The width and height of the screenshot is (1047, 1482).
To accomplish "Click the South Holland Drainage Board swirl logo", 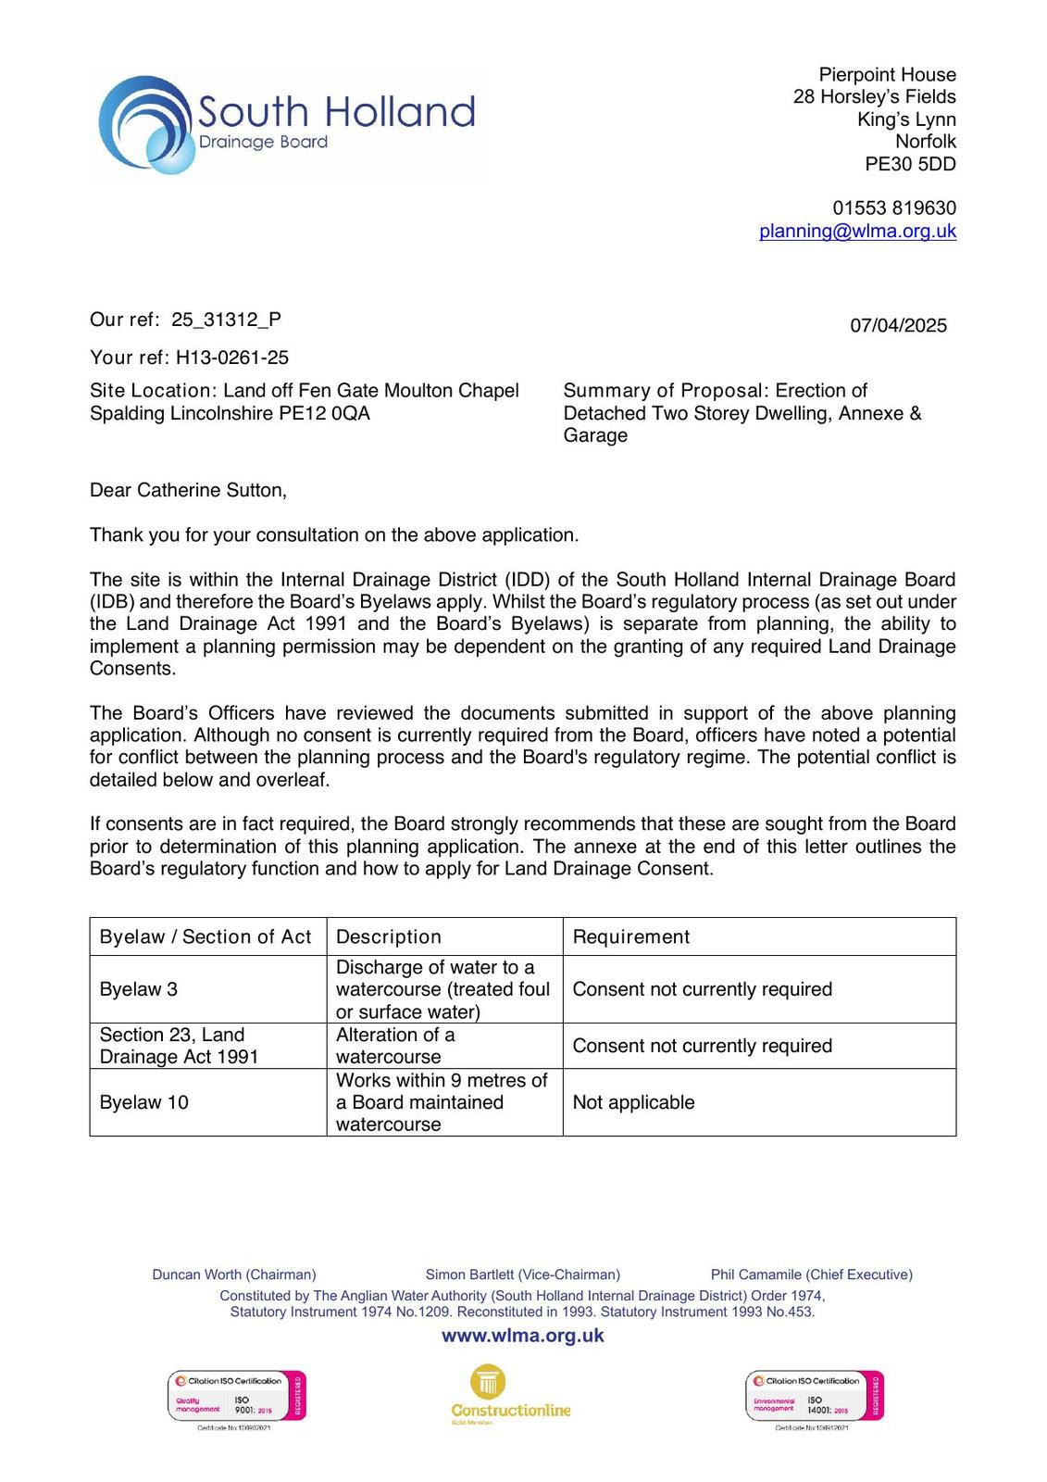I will [x=148, y=125].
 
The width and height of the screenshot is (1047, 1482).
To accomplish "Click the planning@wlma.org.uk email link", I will [x=857, y=232].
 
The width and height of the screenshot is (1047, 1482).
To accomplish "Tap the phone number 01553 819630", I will [x=894, y=208].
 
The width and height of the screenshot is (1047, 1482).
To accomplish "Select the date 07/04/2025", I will [x=898, y=326].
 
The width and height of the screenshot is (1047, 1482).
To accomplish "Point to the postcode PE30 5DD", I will [x=910, y=165].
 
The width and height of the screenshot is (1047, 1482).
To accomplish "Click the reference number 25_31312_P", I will [x=226, y=320].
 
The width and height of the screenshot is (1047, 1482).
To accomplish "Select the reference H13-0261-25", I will [x=232, y=358].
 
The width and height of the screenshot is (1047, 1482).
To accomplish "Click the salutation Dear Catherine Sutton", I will [x=188, y=491].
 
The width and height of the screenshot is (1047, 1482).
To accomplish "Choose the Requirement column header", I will [x=631, y=937].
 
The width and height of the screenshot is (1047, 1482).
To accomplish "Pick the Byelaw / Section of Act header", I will [x=206, y=937].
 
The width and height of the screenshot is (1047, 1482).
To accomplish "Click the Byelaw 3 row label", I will [x=139, y=989].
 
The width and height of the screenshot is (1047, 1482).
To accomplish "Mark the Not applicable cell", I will [x=634, y=1102].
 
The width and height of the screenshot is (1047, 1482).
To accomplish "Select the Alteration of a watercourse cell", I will [x=395, y=1046].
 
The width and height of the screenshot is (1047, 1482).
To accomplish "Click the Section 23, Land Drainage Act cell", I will [x=179, y=1046].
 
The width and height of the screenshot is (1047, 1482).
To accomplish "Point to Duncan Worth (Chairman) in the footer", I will [x=234, y=1275].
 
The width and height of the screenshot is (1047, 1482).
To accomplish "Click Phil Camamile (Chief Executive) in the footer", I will [x=811, y=1275].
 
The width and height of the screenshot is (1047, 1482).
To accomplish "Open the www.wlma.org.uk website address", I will [x=523, y=1336].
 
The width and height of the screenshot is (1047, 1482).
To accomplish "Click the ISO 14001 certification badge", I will [x=815, y=1397].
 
